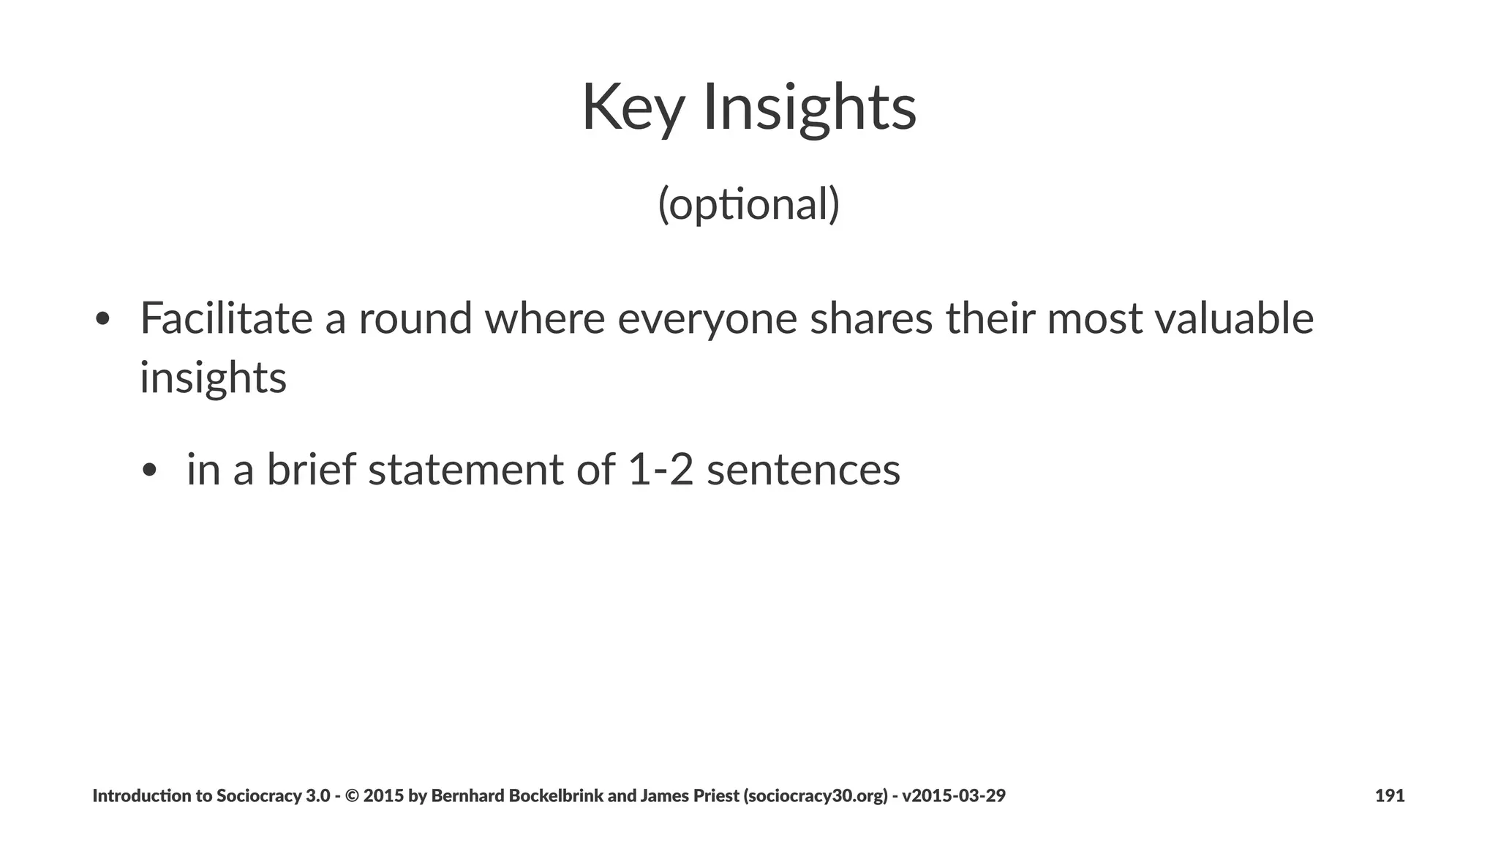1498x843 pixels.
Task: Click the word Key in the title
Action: [x=633, y=108]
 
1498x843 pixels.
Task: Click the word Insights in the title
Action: [x=809, y=108]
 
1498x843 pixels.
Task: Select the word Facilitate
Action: [x=226, y=319]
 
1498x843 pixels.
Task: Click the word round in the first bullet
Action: [x=415, y=319]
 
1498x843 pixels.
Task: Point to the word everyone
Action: [x=707, y=321]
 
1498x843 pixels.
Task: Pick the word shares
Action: [x=871, y=319]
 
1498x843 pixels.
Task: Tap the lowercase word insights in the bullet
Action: [x=213, y=378]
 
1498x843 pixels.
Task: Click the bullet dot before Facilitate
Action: [x=102, y=321]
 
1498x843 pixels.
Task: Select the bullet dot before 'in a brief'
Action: [x=150, y=471]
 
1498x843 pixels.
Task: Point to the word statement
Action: [x=465, y=469]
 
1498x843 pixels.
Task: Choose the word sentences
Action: [x=803, y=469]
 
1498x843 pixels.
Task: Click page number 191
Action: [x=1390, y=796]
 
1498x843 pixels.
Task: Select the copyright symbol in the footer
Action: [x=350, y=796]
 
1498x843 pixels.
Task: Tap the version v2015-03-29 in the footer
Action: [x=954, y=796]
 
